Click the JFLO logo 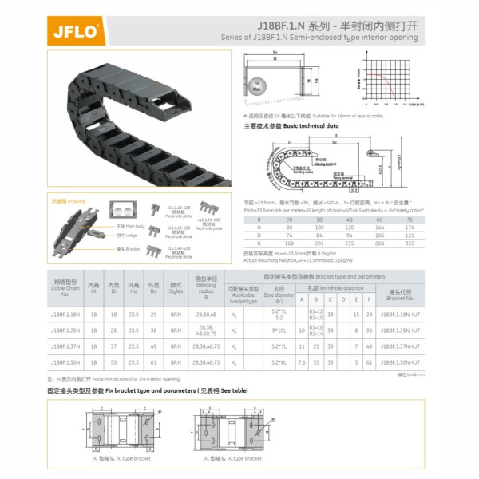pyautogui.click(x=75, y=32)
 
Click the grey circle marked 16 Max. pyautogui.click(x=257, y=85)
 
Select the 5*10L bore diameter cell pyautogui.click(x=279, y=330)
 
